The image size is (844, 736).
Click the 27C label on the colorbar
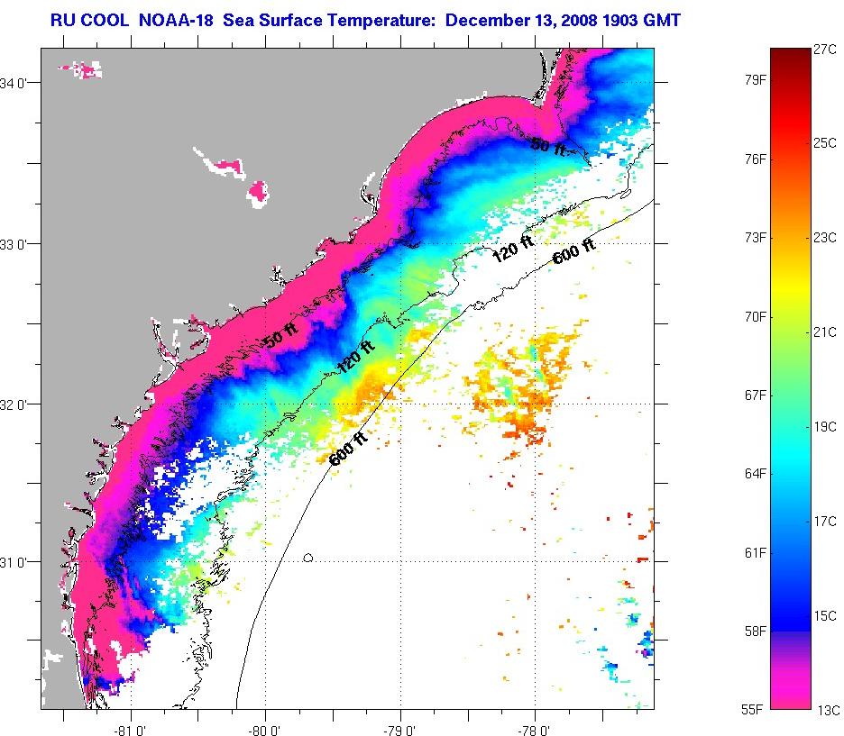coord(825,50)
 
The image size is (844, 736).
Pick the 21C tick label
coord(825,332)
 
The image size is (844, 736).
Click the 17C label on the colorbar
coord(825,522)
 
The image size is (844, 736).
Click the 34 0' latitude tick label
coord(19,84)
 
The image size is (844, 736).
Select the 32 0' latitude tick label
coord(19,404)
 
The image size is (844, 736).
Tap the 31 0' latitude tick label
coord(19,562)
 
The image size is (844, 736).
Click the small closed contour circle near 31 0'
coord(308,558)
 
